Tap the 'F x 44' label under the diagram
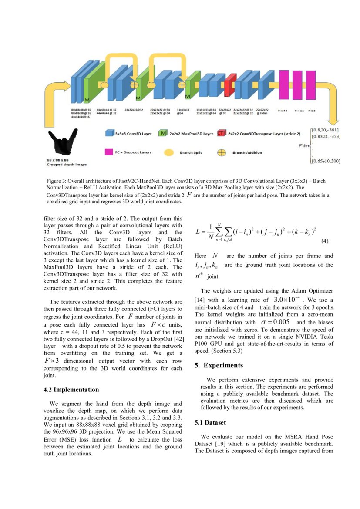(x=283, y=111)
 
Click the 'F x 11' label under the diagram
(x=299, y=111)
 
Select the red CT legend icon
(x=222, y=134)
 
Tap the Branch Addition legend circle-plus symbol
(x=221, y=153)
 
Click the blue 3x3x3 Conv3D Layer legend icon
(x=110, y=133)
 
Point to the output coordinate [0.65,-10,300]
(x=326, y=161)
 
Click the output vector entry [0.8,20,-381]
(x=326, y=130)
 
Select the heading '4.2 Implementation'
(x=71, y=389)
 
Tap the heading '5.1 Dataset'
(x=211, y=422)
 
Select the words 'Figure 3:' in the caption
(x=56, y=181)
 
